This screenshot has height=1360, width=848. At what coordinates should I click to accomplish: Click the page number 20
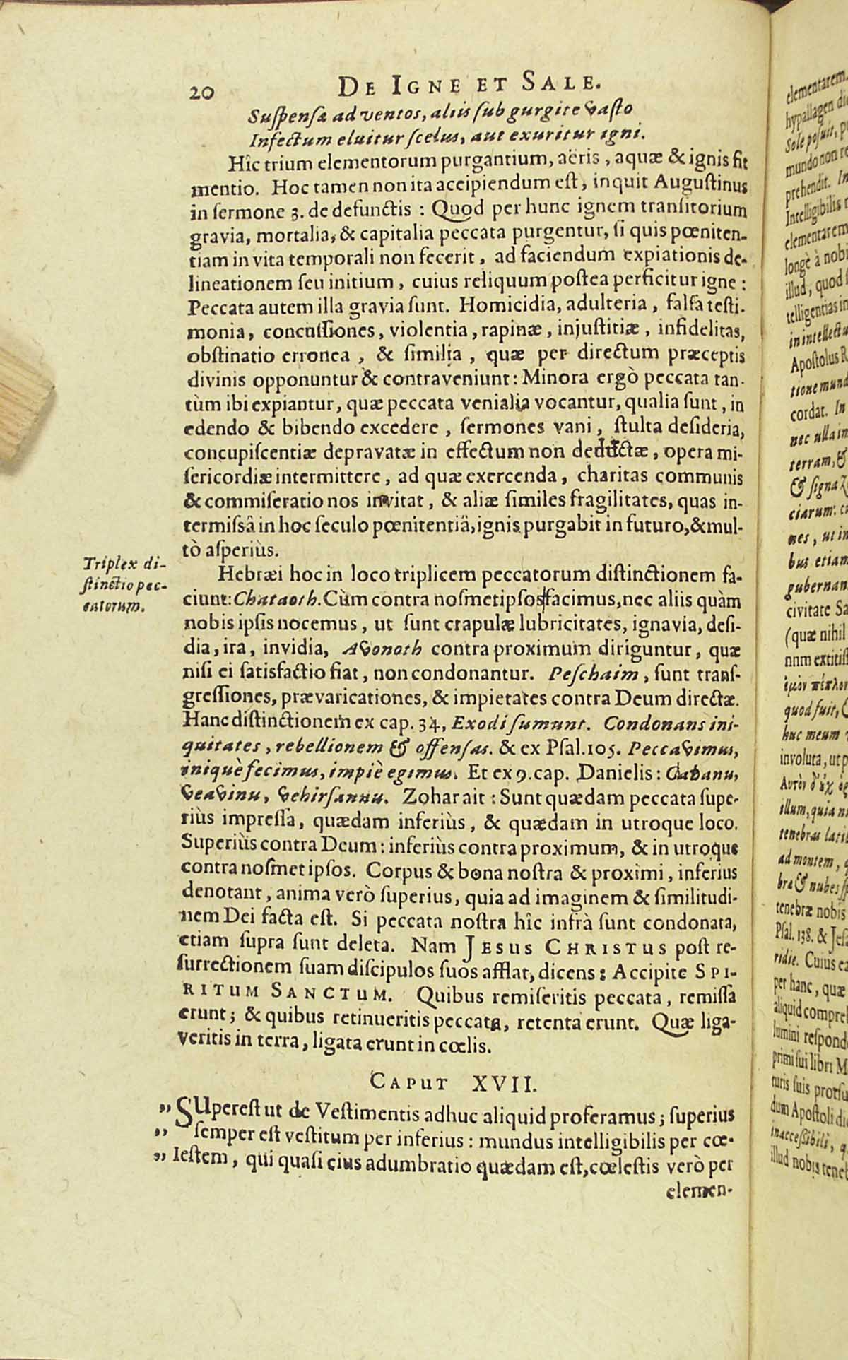(204, 91)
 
